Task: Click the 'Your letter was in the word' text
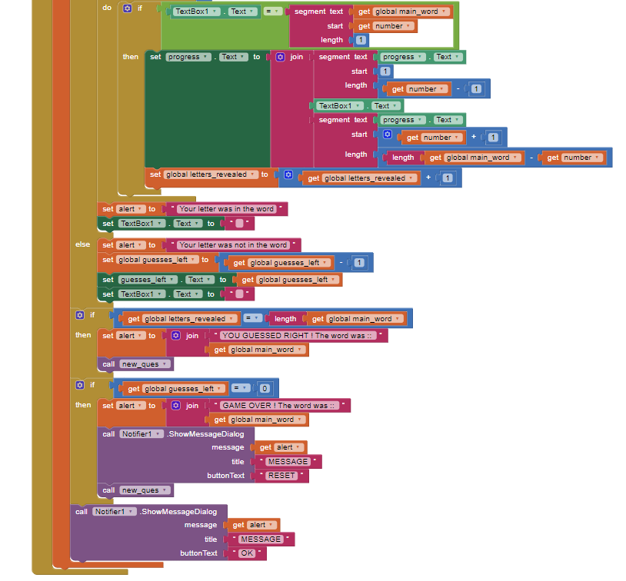(x=226, y=209)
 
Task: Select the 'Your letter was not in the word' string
(x=233, y=245)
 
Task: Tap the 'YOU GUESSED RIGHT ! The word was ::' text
(x=297, y=336)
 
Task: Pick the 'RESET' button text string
(x=281, y=476)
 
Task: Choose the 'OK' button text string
(x=247, y=553)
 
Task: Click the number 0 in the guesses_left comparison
(x=265, y=389)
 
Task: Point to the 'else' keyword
(x=82, y=244)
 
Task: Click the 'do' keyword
(x=107, y=8)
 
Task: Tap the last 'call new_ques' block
(x=136, y=490)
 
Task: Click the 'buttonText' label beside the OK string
(x=198, y=553)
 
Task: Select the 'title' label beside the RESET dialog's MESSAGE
(x=238, y=462)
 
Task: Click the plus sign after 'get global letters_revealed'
(x=428, y=178)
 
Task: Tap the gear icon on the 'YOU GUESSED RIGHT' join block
(x=175, y=336)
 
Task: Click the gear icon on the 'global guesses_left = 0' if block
(x=80, y=385)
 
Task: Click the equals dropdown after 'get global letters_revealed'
(x=252, y=318)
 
